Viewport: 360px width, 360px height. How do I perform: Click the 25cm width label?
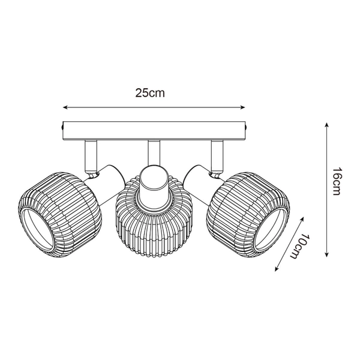(149, 93)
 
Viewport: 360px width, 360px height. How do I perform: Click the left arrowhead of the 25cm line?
(65, 108)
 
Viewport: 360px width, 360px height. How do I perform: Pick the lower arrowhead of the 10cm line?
(277, 268)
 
